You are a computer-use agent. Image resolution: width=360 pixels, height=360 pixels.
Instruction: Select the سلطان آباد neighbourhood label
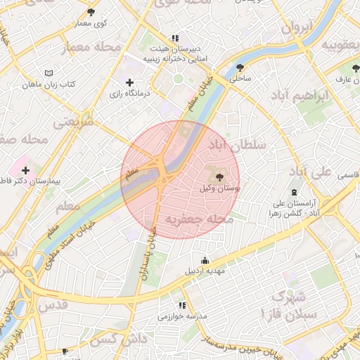pos(236,146)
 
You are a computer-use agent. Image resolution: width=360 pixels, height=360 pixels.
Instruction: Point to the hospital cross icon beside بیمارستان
pos(26,170)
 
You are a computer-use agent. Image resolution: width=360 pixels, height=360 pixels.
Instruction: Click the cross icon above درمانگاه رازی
pos(129,82)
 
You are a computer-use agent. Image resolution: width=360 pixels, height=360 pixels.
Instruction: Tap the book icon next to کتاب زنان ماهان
pos(48,73)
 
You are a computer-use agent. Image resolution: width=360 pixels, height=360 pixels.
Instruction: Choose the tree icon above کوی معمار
pos(91,12)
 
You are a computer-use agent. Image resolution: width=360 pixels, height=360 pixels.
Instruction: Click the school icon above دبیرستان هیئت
pos(174,38)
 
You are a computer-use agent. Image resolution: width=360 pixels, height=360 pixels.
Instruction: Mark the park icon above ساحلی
pos(241,68)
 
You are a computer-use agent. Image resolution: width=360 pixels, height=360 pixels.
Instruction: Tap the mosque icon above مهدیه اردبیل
pos(204,260)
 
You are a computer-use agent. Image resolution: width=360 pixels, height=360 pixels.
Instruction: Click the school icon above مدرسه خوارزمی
pos(182,306)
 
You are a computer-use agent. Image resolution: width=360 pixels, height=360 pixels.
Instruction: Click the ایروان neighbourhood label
pos(296,28)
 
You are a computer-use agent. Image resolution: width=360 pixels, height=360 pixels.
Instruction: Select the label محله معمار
pos(91,47)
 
